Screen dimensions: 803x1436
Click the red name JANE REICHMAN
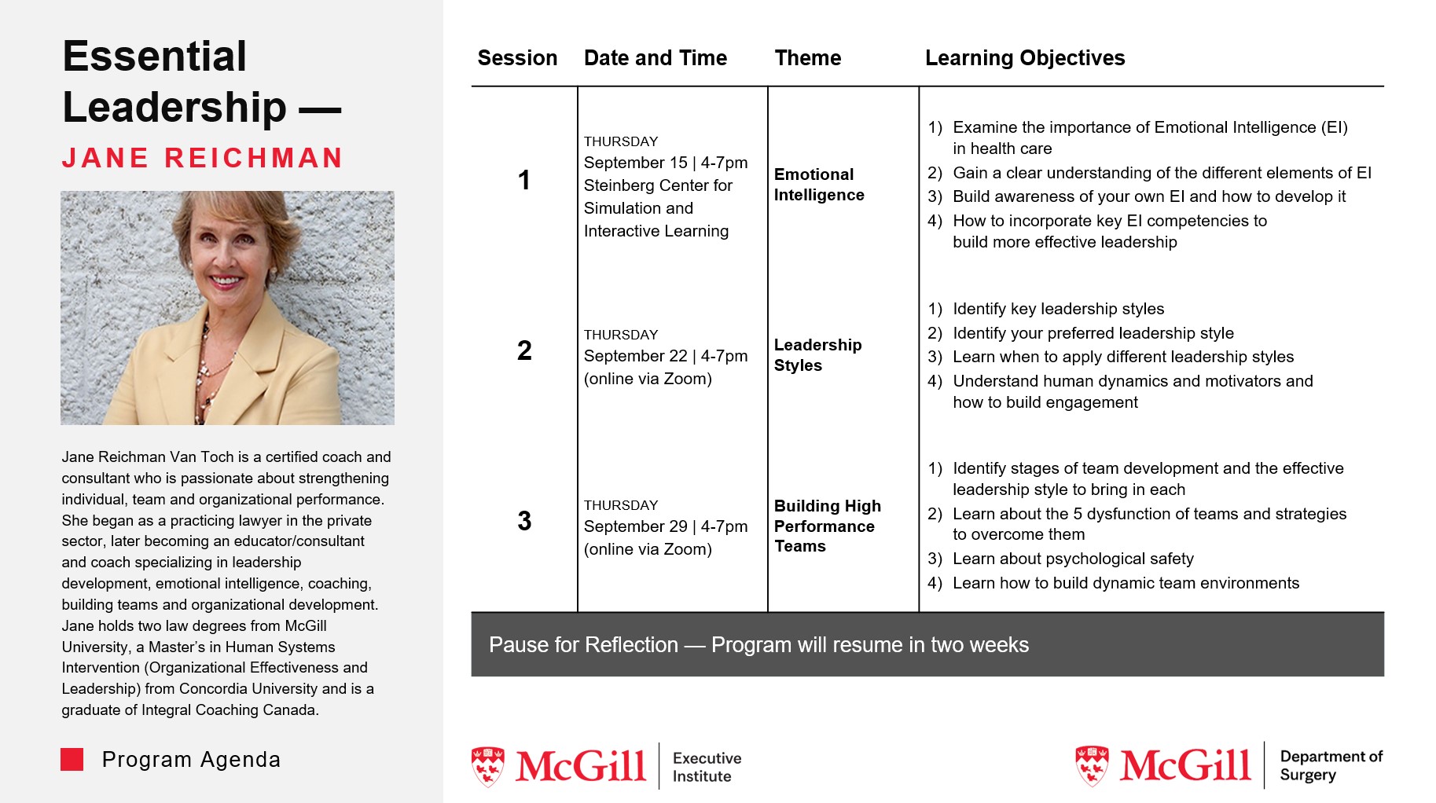pyautogui.click(x=203, y=158)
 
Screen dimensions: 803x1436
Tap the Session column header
pyautogui.click(x=517, y=58)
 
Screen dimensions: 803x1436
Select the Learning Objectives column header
pyautogui.click(x=1024, y=58)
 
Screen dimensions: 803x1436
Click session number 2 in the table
pyautogui.click(x=524, y=350)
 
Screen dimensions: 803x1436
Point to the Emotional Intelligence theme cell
pyautogui.click(x=818, y=185)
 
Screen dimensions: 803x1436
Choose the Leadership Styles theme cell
pyautogui.click(x=817, y=355)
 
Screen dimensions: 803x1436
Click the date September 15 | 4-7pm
pyautogui.click(x=665, y=163)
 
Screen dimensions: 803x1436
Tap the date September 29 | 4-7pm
pyautogui.click(x=665, y=526)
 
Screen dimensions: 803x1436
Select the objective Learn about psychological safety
pyautogui.click(x=1072, y=559)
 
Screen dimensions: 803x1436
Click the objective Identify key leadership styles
pyautogui.click(x=1058, y=309)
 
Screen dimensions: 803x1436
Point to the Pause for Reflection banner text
pyautogui.click(x=758, y=645)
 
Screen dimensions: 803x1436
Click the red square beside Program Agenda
pyautogui.click(x=72, y=759)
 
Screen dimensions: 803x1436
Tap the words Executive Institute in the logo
pyautogui.click(x=706, y=767)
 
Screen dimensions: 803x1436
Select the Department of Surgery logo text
pyautogui.click(x=1330, y=765)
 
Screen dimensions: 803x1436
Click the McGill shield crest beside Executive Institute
pyautogui.click(x=488, y=766)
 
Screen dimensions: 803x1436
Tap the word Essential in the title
pyautogui.click(x=155, y=57)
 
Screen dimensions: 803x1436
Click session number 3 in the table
pyautogui.click(x=524, y=521)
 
